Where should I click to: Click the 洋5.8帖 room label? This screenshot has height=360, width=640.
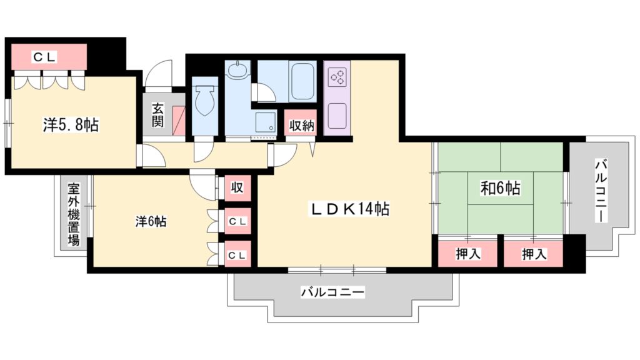point(71,124)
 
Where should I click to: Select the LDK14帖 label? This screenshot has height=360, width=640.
point(349,209)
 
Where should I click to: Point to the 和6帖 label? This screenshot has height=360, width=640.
point(500,187)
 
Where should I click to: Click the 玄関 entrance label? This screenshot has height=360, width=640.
point(157,114)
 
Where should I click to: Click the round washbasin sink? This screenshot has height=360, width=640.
point(237,71)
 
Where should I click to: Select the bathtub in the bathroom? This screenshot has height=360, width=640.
point(304,81)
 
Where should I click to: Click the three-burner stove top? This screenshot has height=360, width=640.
point(338,77)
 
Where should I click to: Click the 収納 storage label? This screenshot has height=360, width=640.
point(301,125)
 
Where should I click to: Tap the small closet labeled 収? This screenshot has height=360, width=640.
point(237,187)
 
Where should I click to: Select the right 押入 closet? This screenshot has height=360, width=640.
point(534,254)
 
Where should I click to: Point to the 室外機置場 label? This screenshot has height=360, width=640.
point(74,213)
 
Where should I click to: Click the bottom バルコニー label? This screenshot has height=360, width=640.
point(332,292)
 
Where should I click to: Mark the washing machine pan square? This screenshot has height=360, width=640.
point(266,122)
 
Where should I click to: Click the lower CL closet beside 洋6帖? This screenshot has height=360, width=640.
point(237,255)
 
